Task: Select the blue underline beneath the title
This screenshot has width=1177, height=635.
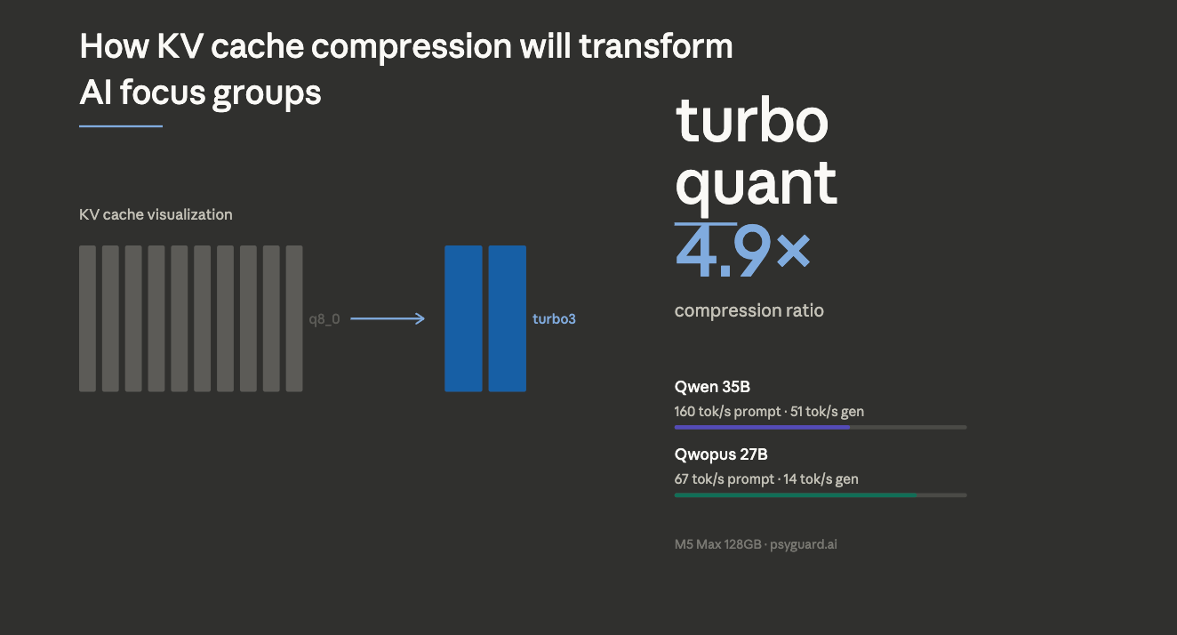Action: (x=121, y=126)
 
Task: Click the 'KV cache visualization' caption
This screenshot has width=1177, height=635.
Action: (x=156, y=214)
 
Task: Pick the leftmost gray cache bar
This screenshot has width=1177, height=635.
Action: (x=87, y=318)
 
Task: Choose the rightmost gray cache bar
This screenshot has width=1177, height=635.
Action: (x=294, y=318)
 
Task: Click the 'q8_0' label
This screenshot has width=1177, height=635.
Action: (x=324, y=318)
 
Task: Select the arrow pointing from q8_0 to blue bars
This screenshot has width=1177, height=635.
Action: (x=388, y=318)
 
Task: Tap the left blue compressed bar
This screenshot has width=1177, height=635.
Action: (x=463, y=318)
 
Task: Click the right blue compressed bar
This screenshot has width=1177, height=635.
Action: (x=507, y=318)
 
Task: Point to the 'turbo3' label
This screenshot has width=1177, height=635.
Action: (x=554, y=318)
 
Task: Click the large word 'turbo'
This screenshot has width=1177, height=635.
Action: (x=752, y=121)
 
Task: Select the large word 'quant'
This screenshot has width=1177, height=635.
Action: (x=756, y=182)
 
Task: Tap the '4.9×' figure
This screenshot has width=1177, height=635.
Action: (x=742, y=252)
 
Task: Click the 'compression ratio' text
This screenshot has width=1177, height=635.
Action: (x=749, y=310)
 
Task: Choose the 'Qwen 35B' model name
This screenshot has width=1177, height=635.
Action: (x=712, y=387)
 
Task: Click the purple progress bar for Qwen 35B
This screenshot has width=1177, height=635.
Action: (x=762, y=427)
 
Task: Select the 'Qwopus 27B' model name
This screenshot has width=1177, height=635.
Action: (x=721, y=454)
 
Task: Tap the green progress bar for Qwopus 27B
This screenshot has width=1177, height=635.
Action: (x=796, y=494)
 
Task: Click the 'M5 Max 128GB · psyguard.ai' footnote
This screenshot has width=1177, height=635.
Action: (x=756, y=544)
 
